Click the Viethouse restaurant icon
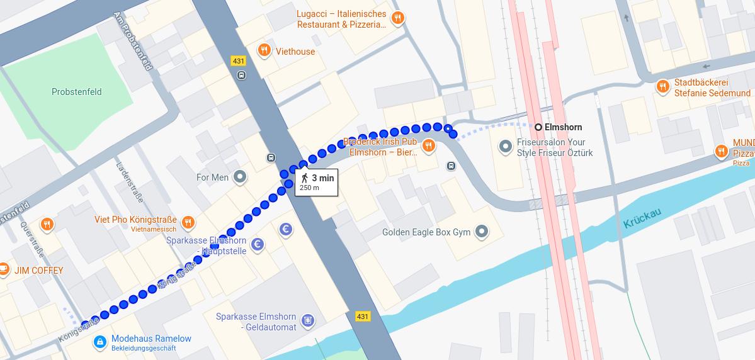click(x=264, y=50)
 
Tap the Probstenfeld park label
click(x=77, y=92)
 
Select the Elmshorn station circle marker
click(x=538, y=127)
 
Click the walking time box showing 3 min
click(x=317, y=182)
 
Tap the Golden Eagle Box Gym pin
click(x=482, y=232)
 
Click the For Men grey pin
click(x=239, y=177)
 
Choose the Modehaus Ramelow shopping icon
click(x=99, y=342)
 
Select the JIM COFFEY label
click(x=39, y=271)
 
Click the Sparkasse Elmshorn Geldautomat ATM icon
click(x=308, y=321)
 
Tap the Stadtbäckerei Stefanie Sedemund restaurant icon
click(x=662, y=87)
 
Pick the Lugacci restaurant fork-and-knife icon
click(x=397, y=18)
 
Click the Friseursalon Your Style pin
click(x=505, y=147)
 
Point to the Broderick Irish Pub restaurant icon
click(x=428, y=146)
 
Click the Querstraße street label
click(x=32, y=240)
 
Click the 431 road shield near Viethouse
click(x=238, y=61)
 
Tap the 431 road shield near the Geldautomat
click(x=363, y=316)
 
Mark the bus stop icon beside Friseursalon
click(x=451, y=166)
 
